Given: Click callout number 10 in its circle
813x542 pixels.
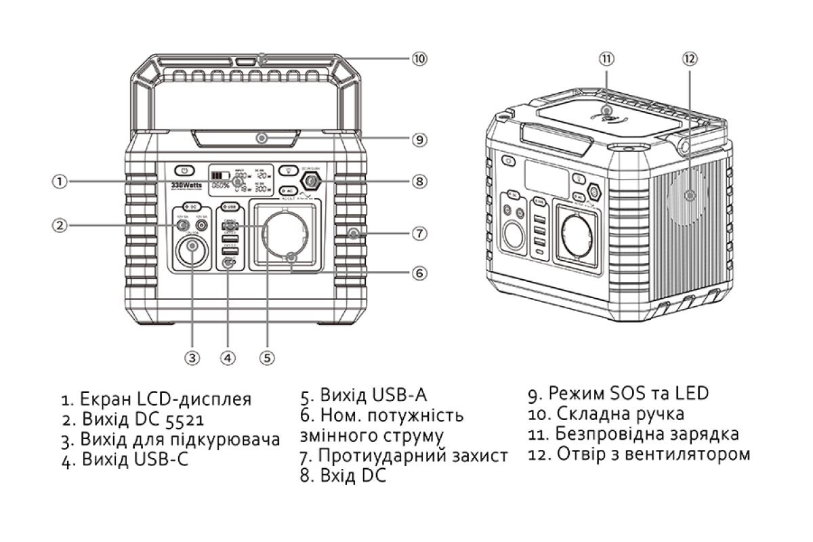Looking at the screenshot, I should tap(419, 59).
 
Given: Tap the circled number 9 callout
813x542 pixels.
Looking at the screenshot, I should tap(419, 140).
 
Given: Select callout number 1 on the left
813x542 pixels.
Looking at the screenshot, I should tap(60, 182).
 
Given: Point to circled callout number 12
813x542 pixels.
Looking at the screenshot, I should tap(690, 59).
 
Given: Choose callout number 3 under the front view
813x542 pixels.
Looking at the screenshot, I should tap(193, 356).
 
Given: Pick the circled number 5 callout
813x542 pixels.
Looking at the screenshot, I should tap(267, 356).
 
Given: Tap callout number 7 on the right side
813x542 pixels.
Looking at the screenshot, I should tap(419, 233).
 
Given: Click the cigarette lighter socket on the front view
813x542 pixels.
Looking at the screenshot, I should tap(192, 252).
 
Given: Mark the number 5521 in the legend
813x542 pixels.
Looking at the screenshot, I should tap(181, 419).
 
